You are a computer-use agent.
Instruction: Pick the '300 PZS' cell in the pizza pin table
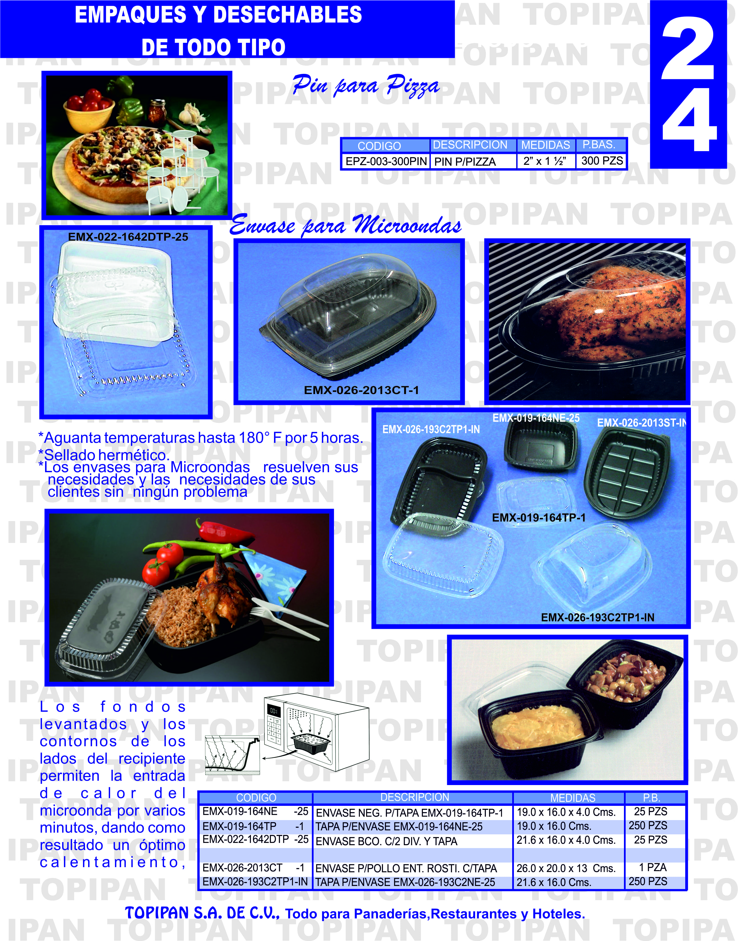pyautogui.click(x=601, y=161)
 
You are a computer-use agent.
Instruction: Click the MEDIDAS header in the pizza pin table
pyautogui.click(x=545, y=145)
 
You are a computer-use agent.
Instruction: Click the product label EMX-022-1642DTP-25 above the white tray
pyautogui.click(x=128, y=237)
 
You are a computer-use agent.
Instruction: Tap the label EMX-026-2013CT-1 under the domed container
pyautogui.click(x=361, y=390)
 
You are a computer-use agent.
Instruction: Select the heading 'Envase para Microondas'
pyautogui.click(x=345, y=225)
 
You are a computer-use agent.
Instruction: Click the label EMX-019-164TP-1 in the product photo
pyautogui.click(x=539, y=517)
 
